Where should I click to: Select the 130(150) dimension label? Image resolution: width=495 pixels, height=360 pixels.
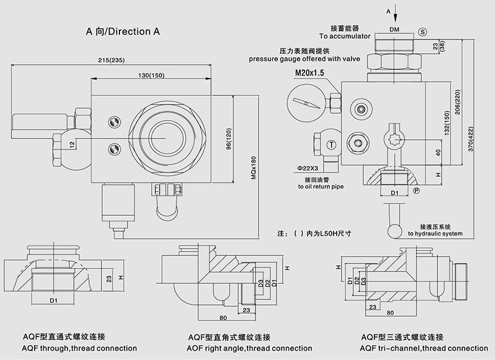tap(151, 75)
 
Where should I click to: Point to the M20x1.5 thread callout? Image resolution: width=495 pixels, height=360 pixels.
tap(309, 74)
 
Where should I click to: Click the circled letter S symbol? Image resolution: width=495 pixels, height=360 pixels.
tap(423, 31)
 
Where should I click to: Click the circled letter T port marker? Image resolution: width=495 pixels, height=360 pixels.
tap(332, 145)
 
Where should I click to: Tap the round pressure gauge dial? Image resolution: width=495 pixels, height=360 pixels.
tap(306, 101)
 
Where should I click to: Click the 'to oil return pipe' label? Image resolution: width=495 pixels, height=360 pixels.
tap(320, 186)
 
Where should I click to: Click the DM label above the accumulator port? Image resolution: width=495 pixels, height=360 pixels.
tap(394, 30)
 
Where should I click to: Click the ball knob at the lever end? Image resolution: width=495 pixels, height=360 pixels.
tap(393, 230)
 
